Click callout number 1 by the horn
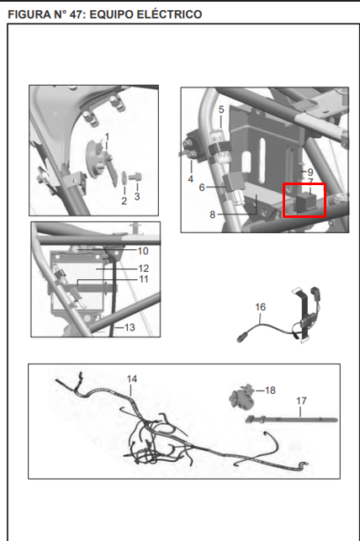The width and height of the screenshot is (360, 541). (107, 137)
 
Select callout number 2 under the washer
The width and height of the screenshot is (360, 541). (124, 200)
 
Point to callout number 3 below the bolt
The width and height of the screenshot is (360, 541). (137, 196)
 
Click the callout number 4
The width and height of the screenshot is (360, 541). (191, 179)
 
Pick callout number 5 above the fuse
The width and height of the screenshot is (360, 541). (221, 109)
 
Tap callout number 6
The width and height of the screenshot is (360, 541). (202, 188)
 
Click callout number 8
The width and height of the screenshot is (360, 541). (213, 215)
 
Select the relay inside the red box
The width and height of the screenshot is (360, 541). (304, 202)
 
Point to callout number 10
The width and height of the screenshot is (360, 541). (143, 251)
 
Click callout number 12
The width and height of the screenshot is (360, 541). (144, 268)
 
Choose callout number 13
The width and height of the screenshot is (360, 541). (130, 327)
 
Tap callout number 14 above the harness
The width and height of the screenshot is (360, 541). (132, 379)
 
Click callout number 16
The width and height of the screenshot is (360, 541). (261, 307)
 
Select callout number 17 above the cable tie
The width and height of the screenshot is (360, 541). (301, 400)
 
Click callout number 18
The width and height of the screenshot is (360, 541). (270, 390)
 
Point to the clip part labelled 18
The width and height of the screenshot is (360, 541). (241, 397)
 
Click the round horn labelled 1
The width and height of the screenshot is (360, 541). (96, 159)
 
